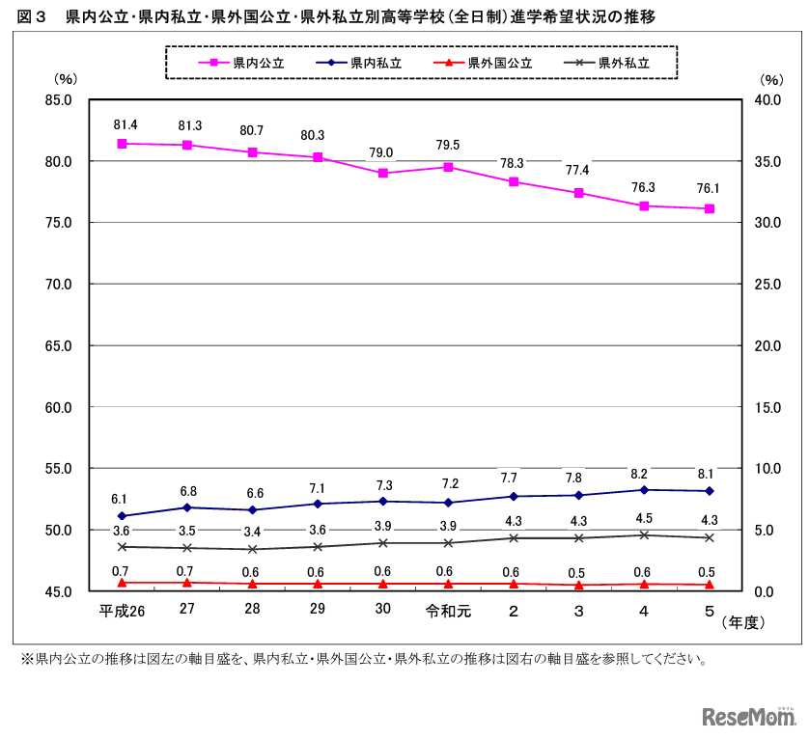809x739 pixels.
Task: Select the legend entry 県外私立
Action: (624, 63)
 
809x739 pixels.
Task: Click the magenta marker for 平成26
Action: (123, 144)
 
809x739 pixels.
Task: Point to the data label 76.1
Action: (710, 189)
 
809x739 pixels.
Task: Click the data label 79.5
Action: (448, 146)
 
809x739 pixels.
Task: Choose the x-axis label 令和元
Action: (448, 612)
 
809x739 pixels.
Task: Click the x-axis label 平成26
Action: (122, 612)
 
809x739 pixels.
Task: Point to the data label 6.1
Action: (120, 499)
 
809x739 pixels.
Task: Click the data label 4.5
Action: (644, 518)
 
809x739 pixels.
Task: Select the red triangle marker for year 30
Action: (383, 584)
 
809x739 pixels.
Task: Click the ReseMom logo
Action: (748, 716)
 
